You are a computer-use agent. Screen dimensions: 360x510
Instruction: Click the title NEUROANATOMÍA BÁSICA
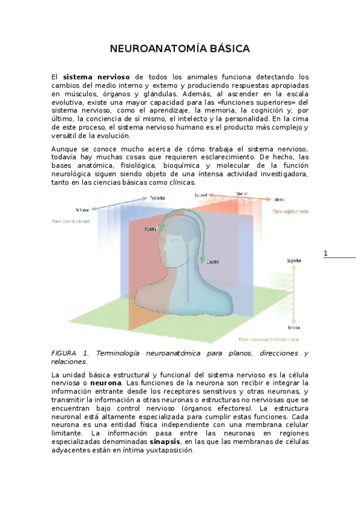[x=180, y=48]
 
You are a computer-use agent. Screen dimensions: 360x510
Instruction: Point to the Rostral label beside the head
[x=151, y=229]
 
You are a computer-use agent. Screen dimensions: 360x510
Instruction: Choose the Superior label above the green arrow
[x=294, y=260]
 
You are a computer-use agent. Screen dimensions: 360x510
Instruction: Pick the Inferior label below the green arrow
[x=294, y=328]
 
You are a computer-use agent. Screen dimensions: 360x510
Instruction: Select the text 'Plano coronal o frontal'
[x=71, y=222]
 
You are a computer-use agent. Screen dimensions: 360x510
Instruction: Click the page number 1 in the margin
[x=326, y=253]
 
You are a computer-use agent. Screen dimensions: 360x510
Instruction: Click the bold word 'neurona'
[x=106, y=382]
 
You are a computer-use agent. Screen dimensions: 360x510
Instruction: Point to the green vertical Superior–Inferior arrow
[x=293, y=295]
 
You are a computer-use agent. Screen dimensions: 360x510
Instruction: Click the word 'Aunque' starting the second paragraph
[x=64, y=149]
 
